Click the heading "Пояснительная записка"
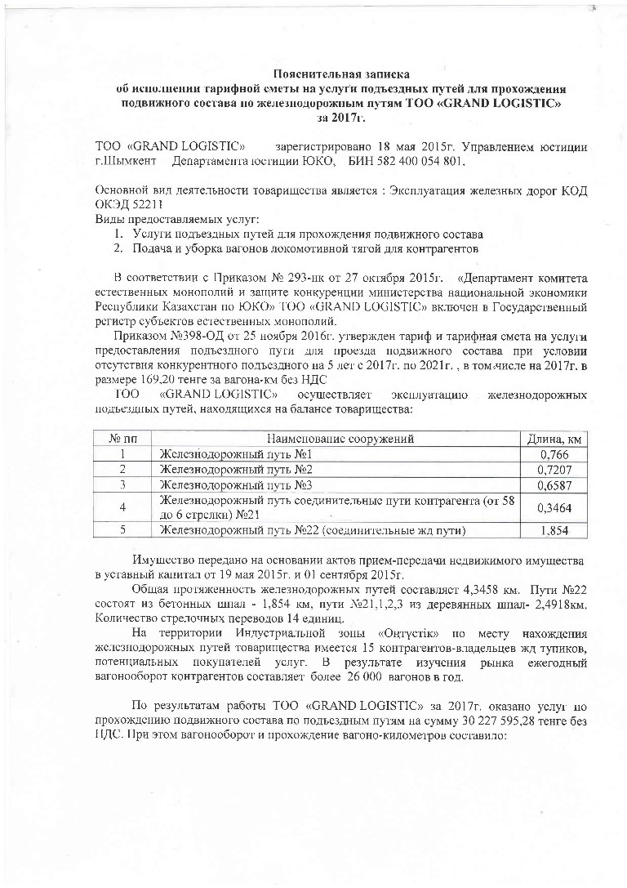tap(340, 74)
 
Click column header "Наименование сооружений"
tap(339, 439)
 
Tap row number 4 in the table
tap(121, 508)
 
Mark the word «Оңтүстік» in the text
tap(407, 633)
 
